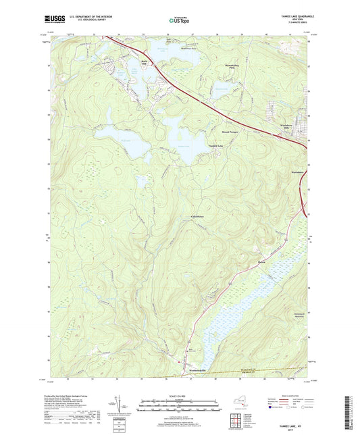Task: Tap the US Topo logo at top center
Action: coord(179,22)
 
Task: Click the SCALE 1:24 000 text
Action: coord(179,396)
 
